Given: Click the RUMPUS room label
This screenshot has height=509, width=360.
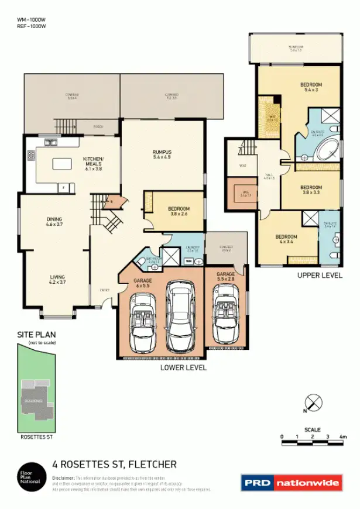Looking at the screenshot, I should click(x=162, y=154).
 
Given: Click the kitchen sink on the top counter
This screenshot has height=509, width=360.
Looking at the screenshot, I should click(x=52, y=142).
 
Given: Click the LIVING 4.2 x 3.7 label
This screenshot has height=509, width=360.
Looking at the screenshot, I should click(x=57, y=279).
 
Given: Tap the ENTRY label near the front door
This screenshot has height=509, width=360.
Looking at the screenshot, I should click(x=104, y=290).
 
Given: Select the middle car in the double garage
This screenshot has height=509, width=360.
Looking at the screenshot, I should click(x=180, y=314).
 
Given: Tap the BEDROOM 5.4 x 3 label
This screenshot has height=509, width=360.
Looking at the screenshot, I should click(x=311, y=87).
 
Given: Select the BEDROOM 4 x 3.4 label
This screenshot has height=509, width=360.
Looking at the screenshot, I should click(x=286, y=239).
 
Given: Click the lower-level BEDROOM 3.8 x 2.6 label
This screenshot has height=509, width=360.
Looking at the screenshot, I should click(x=177, y=211).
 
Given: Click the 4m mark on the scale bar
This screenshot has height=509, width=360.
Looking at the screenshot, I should click(x=342, y=436).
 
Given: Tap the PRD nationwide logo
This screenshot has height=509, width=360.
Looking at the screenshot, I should click(x=291, y=483).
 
